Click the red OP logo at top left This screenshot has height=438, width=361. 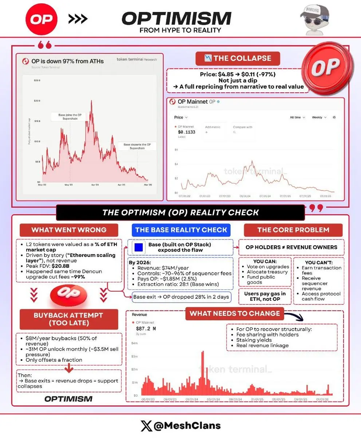(x=41, y=19)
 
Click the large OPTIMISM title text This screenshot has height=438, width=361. (x=176, y=18)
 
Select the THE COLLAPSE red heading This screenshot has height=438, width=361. (x=238, y=58)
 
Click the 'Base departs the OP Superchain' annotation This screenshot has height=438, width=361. (x=137, y=146)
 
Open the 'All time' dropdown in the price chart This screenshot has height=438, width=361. (x=297, y=118)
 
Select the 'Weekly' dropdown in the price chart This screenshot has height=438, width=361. (x=319, y=118)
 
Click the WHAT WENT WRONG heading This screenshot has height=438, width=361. (x=69, y=230)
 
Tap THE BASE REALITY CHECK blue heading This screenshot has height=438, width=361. (x=181, y=230)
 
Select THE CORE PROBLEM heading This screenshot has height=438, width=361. (x=293, y=230)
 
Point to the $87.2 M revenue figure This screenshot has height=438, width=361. (x=146, y=328)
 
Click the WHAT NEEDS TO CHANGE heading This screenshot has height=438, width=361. (x=235, y=313)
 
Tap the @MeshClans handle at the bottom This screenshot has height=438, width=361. (x=180, y=426)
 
